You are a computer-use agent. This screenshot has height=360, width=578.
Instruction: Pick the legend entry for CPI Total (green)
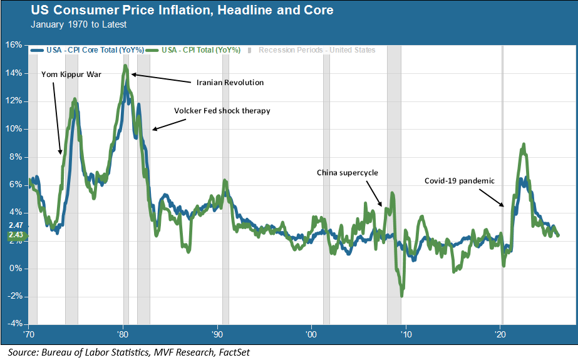200,50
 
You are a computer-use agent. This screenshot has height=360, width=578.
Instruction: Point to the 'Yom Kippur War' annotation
71,75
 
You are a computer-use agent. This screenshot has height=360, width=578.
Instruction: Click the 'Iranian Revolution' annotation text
230,83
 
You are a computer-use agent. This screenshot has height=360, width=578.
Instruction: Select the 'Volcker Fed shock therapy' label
222,111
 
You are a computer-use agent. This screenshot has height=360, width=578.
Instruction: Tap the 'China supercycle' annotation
348,172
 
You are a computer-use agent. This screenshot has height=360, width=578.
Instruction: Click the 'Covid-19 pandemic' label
459,181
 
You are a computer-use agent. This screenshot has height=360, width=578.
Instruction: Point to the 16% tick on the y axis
14,45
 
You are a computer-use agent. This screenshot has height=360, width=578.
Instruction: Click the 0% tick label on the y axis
16,269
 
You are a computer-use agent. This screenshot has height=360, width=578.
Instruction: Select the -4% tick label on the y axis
14,324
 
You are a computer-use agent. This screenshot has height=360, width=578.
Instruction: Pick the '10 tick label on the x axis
406,332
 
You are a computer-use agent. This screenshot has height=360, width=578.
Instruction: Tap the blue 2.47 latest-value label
16,225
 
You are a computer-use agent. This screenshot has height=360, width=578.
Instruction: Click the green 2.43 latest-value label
16,235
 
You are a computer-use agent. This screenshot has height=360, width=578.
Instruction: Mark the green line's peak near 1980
125,66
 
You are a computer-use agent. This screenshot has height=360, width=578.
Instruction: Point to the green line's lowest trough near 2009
401,296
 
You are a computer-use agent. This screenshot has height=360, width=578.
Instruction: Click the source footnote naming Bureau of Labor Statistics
129,352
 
